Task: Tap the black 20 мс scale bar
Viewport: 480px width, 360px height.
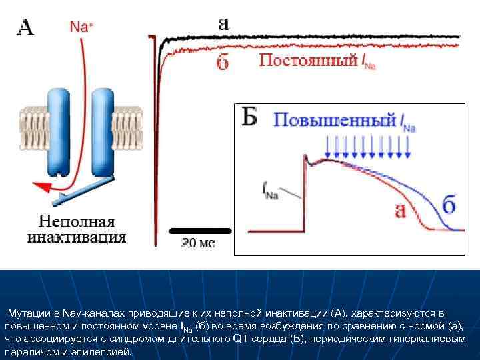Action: tap(199, 231)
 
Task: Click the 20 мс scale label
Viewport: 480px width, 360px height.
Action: tap(198, 244)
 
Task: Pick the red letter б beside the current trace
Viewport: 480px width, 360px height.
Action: tap(223, 63)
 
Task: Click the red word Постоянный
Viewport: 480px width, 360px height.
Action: tap(307, 61)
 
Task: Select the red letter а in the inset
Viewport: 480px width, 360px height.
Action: tap(401, 211)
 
